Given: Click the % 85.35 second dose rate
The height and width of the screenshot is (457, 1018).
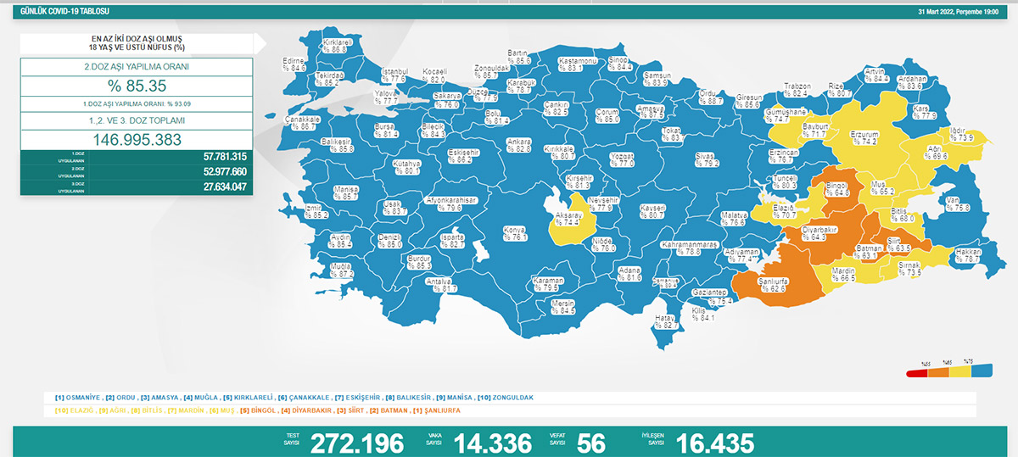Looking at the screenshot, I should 137,86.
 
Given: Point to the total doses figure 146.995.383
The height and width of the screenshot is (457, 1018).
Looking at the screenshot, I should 137,140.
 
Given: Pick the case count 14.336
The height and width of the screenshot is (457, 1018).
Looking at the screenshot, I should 492,443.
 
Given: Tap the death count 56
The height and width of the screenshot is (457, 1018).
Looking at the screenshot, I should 590,443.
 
